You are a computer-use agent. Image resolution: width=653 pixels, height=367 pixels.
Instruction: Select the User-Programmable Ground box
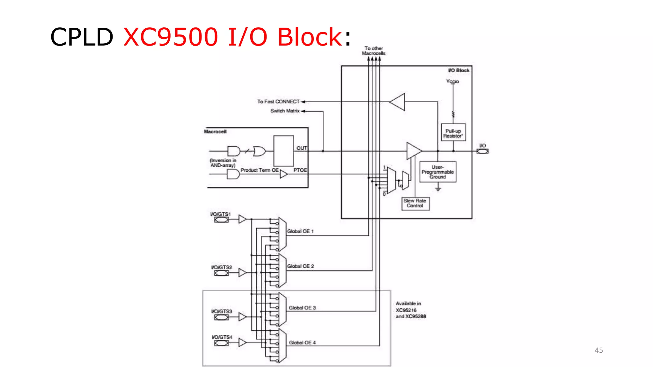(x=437, y=172)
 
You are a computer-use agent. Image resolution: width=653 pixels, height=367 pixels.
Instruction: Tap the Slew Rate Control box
(x=415, y=203)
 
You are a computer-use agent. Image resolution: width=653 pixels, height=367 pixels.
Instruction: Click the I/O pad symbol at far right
(x=482, y=151)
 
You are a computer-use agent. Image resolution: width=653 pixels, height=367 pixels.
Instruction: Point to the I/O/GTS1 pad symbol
(x=221, y=220)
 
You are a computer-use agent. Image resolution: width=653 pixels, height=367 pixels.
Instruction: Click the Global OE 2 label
(x=300, y=266)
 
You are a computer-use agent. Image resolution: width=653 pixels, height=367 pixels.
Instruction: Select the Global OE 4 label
(x=302, y=342)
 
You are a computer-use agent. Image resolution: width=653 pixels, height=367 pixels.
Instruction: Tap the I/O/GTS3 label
(x=222, y=311)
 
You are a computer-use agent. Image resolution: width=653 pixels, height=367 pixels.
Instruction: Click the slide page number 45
(x=598, y=350)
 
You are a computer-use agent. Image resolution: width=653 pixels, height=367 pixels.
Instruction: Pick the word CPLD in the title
(x=82, y=37)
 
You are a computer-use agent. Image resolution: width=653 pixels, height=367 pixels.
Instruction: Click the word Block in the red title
(x=310, y=37)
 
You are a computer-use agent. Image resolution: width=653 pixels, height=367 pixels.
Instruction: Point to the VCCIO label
(x=452, y=81)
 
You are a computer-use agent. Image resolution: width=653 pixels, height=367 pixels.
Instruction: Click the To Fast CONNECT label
(x=278, y=102)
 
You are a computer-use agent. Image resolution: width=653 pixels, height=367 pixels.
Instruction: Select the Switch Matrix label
(x=285, y=111)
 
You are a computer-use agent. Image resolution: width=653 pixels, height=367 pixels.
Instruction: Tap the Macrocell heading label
(x=215, y=132)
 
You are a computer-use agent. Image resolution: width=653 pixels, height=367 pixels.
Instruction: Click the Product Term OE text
(x=260, y=170)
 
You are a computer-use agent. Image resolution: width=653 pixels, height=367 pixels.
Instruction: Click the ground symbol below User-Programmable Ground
(x=438, y=189)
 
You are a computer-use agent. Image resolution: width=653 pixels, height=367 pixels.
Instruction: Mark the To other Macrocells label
(x=374, y=51)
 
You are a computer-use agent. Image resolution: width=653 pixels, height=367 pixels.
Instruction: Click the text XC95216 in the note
(x=406, y=310)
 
